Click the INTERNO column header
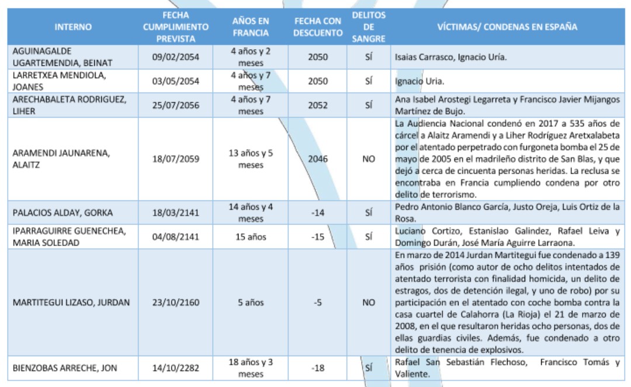73,27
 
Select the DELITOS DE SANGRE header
369,27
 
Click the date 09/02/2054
175,57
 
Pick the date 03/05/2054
175,81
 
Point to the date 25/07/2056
175,106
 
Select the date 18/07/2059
175,158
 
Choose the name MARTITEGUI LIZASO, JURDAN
71,303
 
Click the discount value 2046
318,158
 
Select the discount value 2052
318,106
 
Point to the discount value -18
318,368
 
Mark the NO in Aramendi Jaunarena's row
369,158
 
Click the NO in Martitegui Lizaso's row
369,303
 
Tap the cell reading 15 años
251,237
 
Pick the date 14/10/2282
175,368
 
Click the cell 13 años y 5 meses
251,158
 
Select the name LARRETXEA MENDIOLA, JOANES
58,81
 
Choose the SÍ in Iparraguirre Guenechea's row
369,237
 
